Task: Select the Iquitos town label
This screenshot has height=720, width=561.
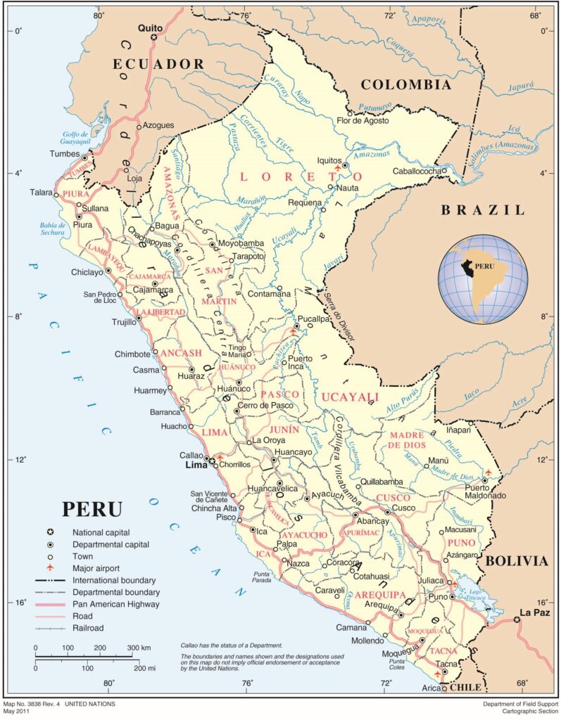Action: (329, 160)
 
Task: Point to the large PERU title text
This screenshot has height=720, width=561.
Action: (92, 509)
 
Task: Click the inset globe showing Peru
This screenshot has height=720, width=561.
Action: (482, 279)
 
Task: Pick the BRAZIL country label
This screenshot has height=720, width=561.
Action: (483, 210)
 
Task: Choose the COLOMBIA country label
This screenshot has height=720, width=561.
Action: (405, 85)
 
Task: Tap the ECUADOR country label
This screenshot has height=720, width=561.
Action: (159, 64)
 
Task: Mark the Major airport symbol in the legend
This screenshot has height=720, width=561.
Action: (50, 568)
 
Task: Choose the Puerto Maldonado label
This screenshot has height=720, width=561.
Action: (485, 491)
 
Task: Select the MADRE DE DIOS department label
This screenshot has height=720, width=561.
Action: (408, 439)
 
